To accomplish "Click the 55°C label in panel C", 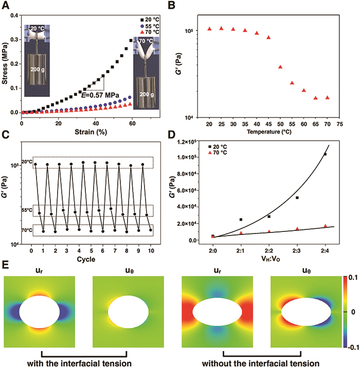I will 27,210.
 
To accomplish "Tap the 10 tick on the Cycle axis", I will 151,251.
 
